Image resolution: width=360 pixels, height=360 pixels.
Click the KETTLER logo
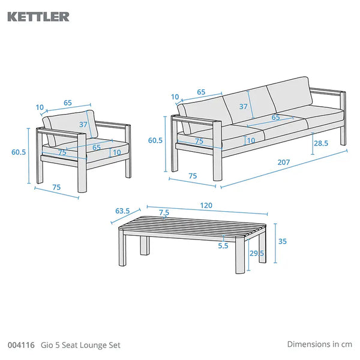[x=38, y=17]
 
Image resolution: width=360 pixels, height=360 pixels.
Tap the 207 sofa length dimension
[x=284, y=163]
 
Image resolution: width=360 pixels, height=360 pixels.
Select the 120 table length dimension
[x=206, y=205]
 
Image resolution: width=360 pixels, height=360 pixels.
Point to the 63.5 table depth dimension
[x=122, y=211]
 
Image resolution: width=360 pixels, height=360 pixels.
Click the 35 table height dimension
[x=283, y=241]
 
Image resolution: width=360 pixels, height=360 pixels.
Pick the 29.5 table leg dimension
[x=257, y=253]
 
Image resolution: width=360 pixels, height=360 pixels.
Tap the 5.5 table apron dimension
[x=223, y=246]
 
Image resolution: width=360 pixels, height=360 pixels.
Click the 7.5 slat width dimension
[x=164, y=212]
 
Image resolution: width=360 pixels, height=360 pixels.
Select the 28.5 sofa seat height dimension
[x=321, y=143]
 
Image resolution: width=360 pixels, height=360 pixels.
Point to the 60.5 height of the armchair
[x=19, y=152]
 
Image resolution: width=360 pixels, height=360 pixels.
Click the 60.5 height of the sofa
[x=155, y=140]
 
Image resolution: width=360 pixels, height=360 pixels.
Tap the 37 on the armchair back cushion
[x=83, y=124]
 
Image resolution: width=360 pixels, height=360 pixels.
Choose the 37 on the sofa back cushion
[x=244, y=107]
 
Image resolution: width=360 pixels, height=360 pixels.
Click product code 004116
[x=21, y=345]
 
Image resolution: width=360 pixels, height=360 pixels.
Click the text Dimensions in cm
[x=319, y=344]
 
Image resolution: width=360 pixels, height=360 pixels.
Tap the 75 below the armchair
[x=56, y=187]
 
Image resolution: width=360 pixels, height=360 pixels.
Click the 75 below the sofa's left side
[x=193, y=176]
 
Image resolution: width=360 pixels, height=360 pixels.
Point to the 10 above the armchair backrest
[x=40, y=107]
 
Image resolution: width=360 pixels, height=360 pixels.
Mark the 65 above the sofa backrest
[x=201, y=92]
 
